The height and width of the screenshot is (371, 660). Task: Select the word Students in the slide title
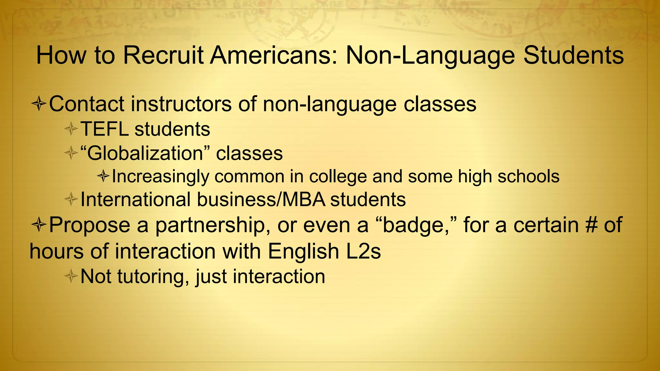574,55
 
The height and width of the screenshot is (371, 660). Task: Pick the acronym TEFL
104,129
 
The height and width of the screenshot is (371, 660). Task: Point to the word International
136,199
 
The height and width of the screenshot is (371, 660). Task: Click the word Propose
90,225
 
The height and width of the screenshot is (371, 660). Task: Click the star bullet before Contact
38,105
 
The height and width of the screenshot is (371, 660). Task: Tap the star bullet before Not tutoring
71,276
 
